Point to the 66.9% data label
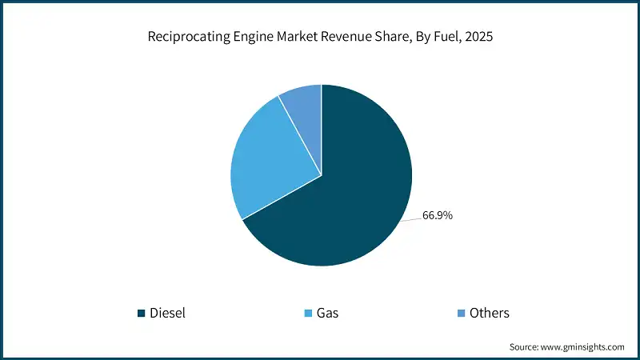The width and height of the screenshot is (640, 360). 436,215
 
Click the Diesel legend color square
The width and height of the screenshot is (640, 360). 142,313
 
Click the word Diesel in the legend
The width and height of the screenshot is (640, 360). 167,313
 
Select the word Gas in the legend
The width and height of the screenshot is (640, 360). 327,313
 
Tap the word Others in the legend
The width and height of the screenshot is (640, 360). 489,313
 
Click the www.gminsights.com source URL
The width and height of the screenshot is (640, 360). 583,346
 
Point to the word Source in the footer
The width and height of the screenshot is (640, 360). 525,346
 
